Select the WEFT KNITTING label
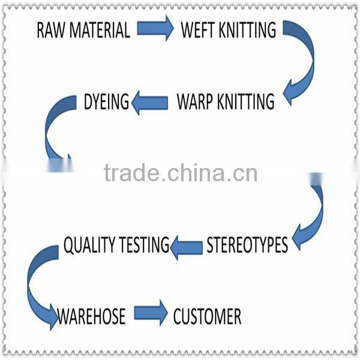[x=229, y=30]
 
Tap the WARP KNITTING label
[x=226, y=102]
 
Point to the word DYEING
[x=106, y=103]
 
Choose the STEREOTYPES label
[x=247, y=245]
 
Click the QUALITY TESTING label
[x=116, y=245]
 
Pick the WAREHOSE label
[x=91, y=316]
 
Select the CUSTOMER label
[x=207, y=316]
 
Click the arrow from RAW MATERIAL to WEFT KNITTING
[x=155, y=28]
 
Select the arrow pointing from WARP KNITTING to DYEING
[x=149, y=103]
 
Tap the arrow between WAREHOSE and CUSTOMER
[x=151, y=313]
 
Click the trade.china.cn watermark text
[x=180, y=173]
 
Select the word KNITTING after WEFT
[x=247, y=30]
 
